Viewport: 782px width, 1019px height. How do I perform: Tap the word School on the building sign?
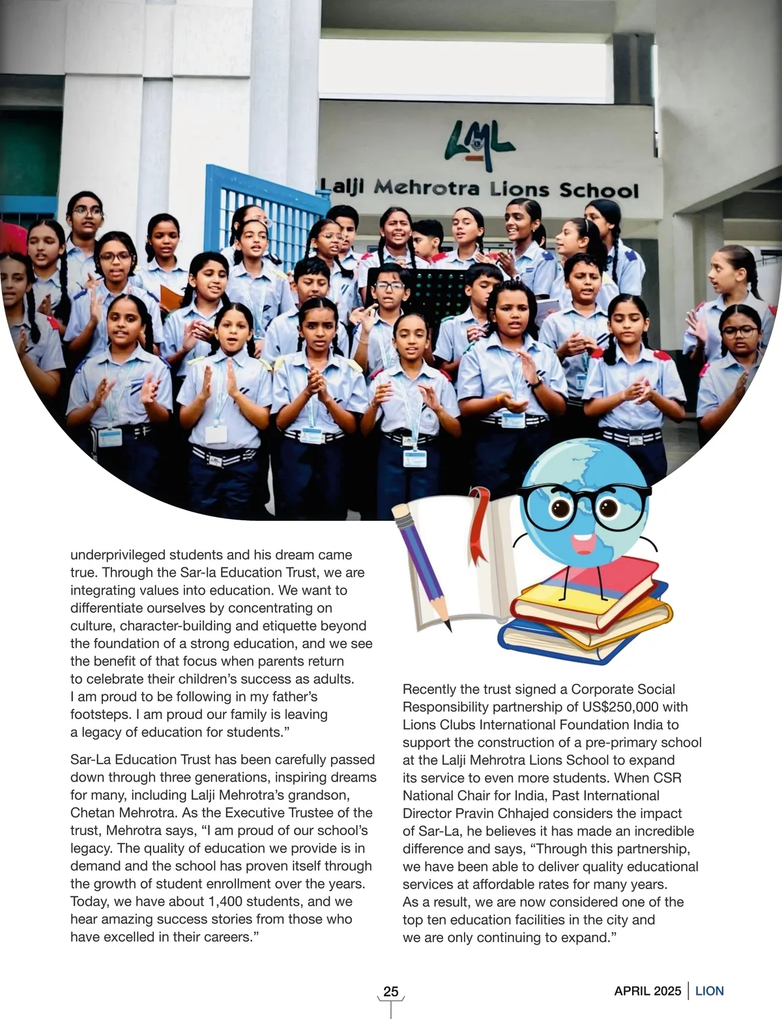(x=599, y=190)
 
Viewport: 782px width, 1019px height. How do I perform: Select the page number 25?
(x=391, y=992)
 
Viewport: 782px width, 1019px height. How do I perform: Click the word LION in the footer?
(x=710, y=991)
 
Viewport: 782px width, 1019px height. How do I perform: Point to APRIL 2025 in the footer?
(x=647, y=991)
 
